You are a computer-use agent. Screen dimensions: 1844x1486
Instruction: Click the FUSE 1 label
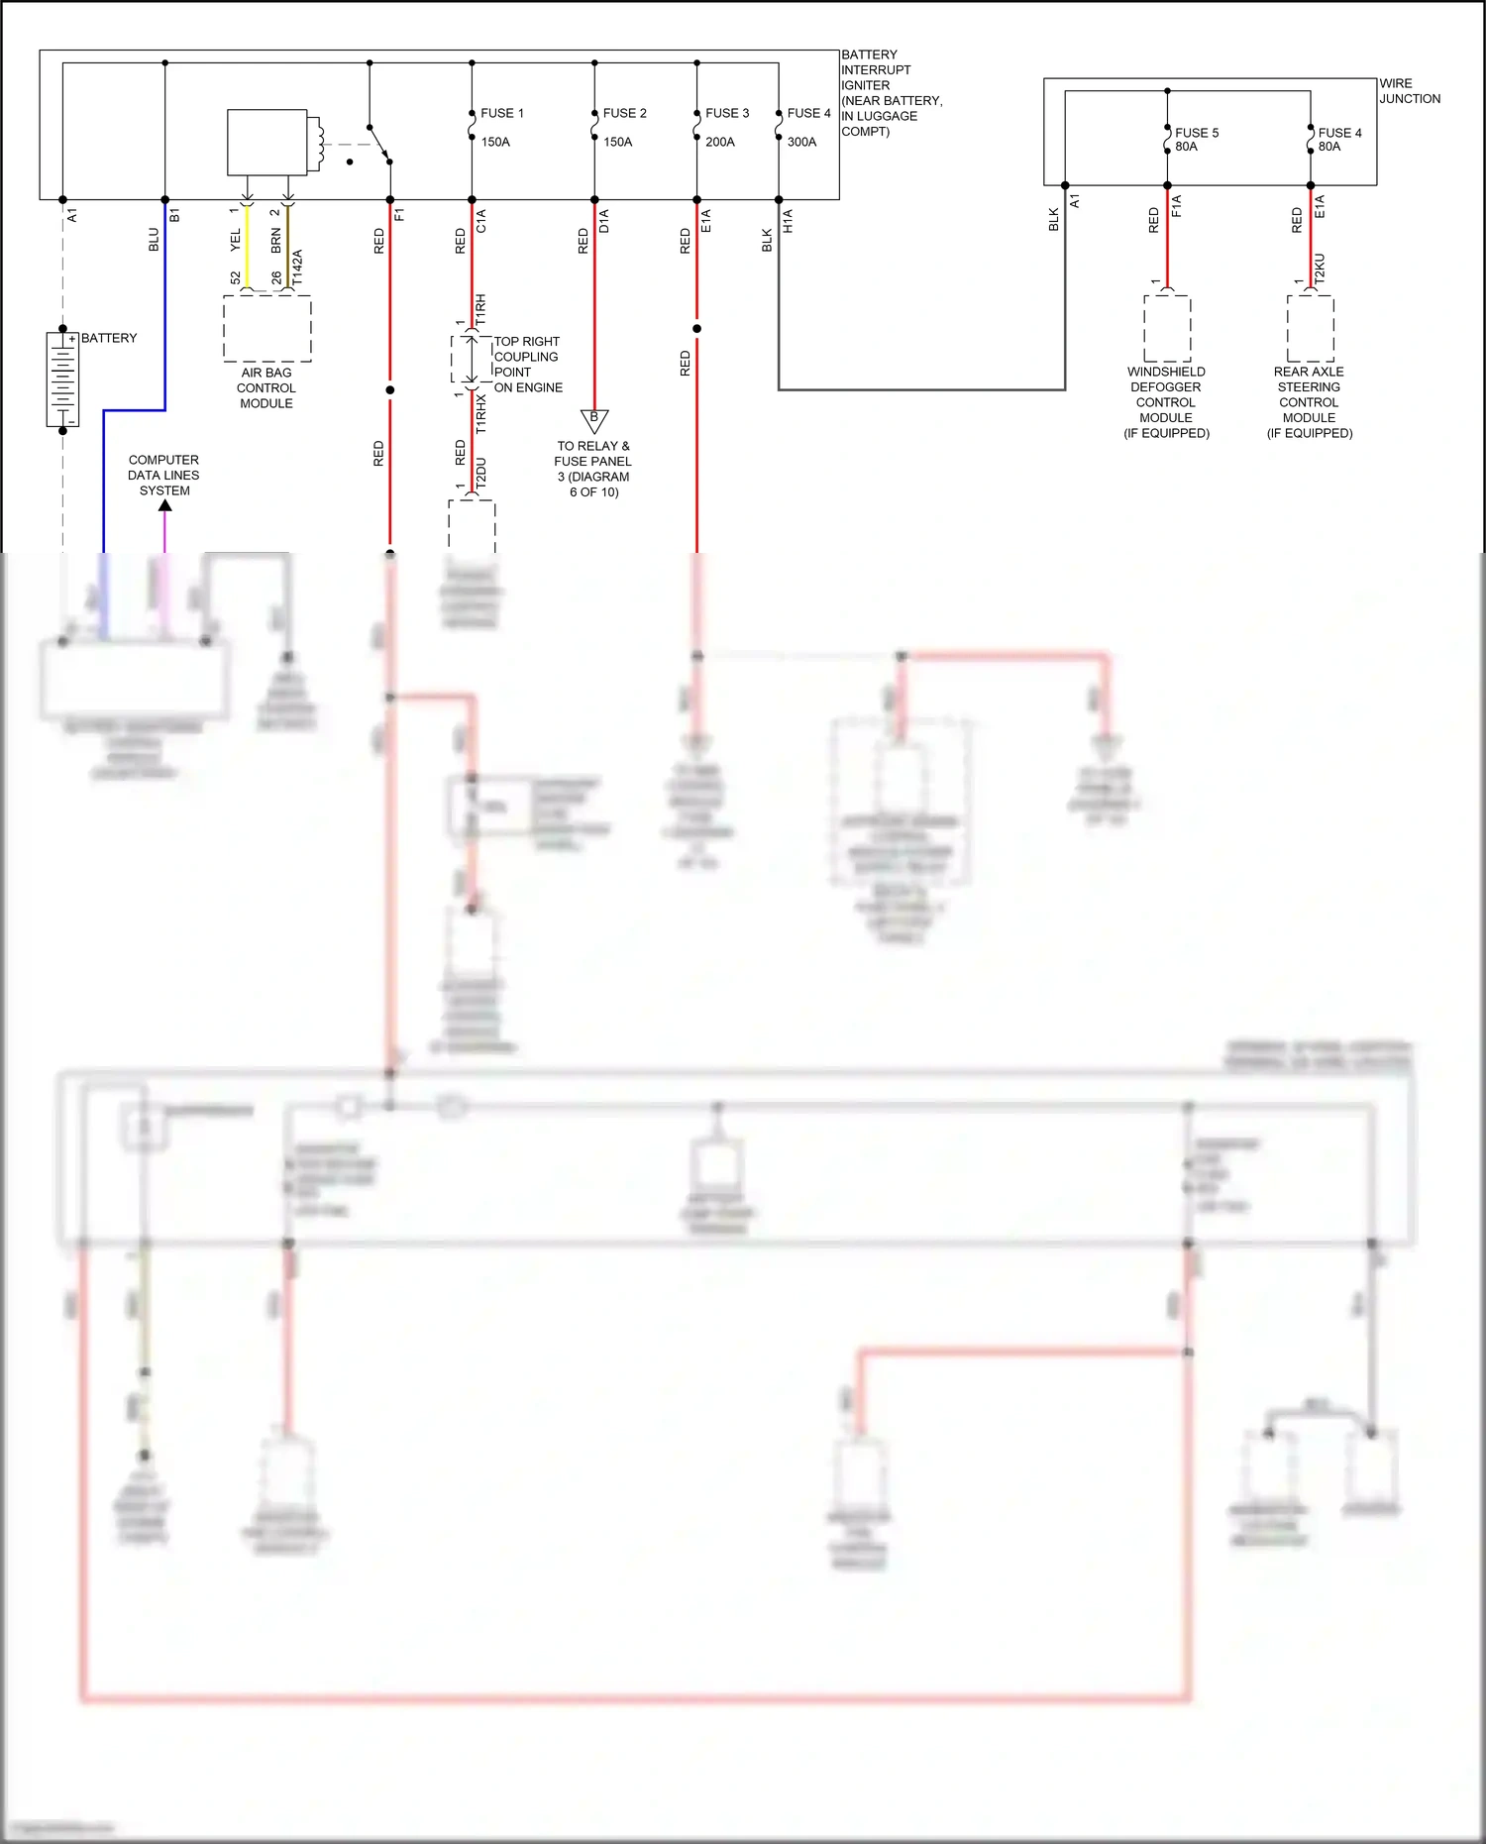coord(501,114)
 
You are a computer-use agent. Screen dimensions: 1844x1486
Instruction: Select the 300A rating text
coord(801,143)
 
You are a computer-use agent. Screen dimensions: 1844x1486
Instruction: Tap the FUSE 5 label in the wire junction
coord(1196,133)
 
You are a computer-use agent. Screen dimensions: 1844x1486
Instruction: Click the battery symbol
coord(62,380)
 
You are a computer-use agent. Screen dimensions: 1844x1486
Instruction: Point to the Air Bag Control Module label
coord(265,388)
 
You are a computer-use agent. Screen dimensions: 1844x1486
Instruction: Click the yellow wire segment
coord(247,248)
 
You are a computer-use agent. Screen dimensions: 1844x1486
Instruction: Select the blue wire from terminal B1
coord(164,297)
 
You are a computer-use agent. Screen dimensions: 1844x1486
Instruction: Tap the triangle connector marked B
coord(593,420)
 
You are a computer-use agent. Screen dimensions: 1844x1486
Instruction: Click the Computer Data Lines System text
coord(163,476)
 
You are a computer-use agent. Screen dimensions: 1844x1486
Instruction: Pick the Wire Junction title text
coord(1409,91)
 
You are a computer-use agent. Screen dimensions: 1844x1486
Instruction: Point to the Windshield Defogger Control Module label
coord(1166,402)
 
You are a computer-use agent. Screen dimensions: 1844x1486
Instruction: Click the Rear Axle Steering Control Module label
coord(1309,402)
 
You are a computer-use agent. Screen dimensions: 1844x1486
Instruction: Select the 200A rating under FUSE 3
coord(719,143)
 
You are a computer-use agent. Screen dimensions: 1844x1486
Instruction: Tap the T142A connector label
coord(297,268)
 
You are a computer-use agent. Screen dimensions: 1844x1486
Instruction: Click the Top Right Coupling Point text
coord(527,365)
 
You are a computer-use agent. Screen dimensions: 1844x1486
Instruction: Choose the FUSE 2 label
coord(624,114)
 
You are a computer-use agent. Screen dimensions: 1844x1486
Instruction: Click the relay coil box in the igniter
coord(267,143)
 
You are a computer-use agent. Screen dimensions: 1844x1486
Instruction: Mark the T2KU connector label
coord(1320,269)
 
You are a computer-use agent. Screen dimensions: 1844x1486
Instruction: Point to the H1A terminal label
coord(789,221)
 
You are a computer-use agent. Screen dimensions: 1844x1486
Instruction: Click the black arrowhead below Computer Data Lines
coord(164,505)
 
